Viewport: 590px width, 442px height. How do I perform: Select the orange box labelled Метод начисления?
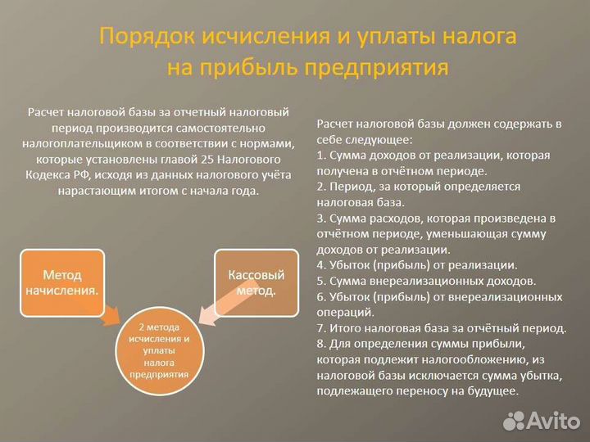(62, 282)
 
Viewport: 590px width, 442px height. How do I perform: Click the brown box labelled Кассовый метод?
(256, 282)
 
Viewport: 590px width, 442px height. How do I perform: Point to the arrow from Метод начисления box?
(112, 314)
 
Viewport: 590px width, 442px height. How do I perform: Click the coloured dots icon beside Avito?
(514, 419)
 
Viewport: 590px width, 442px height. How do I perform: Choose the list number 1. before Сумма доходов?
(320, 155)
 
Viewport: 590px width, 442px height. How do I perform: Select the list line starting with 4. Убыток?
(416, 264)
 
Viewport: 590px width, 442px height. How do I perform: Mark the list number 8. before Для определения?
(320, 344)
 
